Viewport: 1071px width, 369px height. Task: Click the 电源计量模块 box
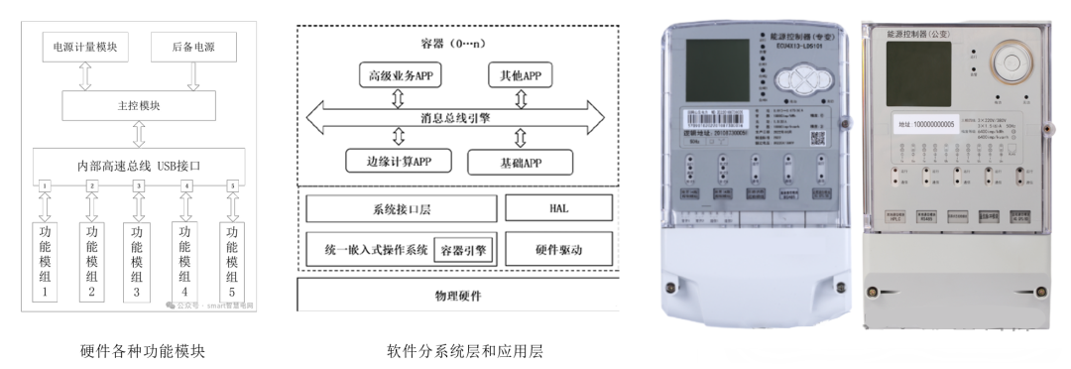(84, 47)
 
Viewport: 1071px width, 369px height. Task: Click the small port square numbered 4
(185, 186)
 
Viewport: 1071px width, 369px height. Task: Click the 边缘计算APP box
(397, 161)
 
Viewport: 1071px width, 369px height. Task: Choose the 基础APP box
(520, 161)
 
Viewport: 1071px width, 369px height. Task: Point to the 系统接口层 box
(401, 208)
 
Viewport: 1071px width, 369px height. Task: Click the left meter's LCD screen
(712, 67)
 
